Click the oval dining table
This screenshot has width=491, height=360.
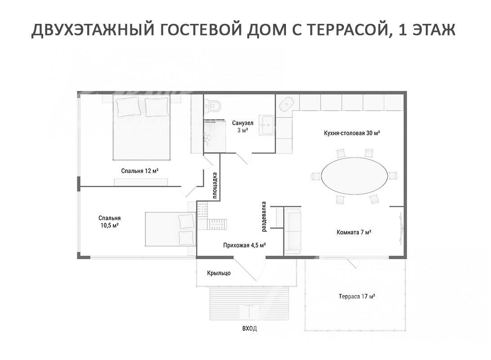[x=354, y=176]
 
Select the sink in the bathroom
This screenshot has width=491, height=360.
[x=267, y=126]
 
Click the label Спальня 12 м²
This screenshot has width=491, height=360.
[x=140, y=171]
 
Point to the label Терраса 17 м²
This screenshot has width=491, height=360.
[x=357, y=297]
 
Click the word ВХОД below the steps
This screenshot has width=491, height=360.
[x=250, y=328]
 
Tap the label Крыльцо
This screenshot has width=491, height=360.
[x=219, y=273]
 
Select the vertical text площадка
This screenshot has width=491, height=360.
[x=215, y=185]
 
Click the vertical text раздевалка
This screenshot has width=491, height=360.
[x=263, y=216]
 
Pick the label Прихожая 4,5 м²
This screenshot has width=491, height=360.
[x=245, y=245]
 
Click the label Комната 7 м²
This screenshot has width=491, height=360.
[x=354, y=233]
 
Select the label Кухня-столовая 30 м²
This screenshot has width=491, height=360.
[x=352, y=133]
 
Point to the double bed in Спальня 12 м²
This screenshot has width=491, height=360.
[x=142, y=127]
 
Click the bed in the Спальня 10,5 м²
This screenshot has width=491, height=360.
[x=170, y=229]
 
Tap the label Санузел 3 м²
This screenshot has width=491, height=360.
[x=242, y=126]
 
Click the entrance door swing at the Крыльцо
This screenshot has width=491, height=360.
[x=245, y=269]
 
